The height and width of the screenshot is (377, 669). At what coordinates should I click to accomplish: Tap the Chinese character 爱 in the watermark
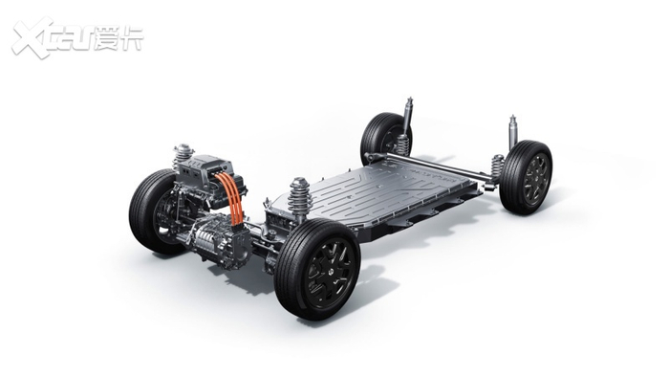[x=107, y=39]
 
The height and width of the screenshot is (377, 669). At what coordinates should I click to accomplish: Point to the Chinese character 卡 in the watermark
[x=132, y=39]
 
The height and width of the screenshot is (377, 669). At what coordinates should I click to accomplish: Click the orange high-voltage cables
[x=231, y=197]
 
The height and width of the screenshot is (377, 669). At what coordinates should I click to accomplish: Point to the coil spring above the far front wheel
[x=183, y=158]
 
